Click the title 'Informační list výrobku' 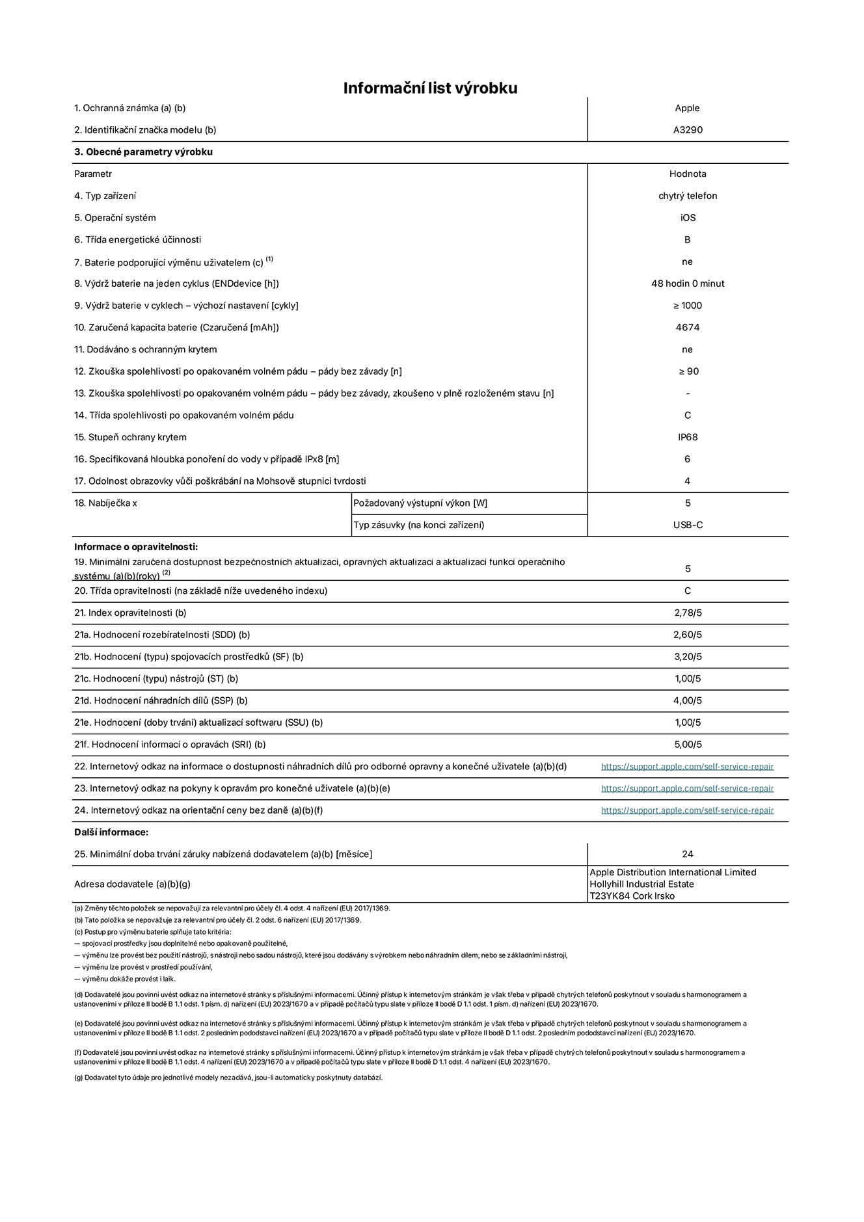[430, 88]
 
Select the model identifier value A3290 [688, 130]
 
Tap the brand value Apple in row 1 [687, 108]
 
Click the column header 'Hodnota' [688, 174]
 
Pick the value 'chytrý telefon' [688, 196]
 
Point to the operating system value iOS [688, 218]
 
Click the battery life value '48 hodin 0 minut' [688, 284]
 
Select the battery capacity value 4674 [688, 328]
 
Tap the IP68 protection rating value [688, 437]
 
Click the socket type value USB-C [688, 525]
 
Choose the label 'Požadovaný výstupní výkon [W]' [420, 503]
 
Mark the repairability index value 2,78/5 [688, 613]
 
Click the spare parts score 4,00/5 [688, 700]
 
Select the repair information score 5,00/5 [688, 745]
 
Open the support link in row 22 [687, 767]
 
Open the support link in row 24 [687, 810]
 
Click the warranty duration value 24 [688, 854]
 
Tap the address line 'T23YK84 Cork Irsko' [632, 896]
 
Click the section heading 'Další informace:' [111, 832]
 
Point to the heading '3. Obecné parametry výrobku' [143, 152]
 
